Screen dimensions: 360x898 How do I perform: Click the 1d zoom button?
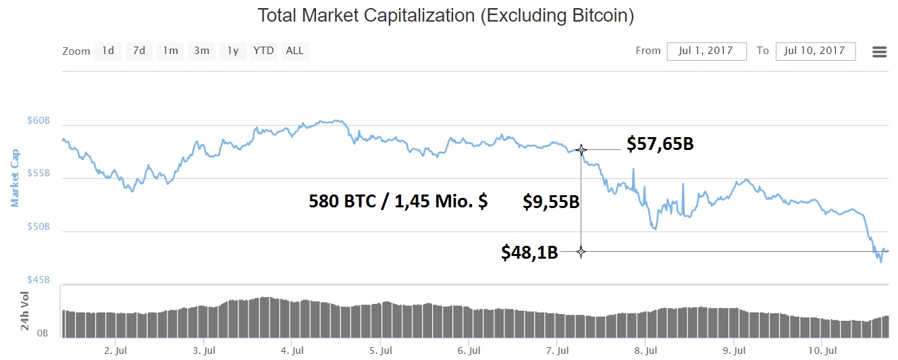(x=108, y=51)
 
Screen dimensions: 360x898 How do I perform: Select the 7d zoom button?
(x=138, y=51)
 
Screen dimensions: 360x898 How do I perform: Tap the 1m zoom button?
(x=171, y=51)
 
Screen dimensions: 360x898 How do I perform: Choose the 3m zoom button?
(x=201, y=51)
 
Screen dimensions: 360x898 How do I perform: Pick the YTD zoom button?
(x=263, y=51)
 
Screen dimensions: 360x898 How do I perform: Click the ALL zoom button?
(x=294, y=51)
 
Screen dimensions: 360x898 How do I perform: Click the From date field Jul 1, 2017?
(x=706, y=51)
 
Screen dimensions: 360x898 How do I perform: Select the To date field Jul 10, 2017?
(x=816, y=51)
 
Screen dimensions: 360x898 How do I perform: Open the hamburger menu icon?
(x=879, y=52)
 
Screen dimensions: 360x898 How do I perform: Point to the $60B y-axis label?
(x=38, y=121)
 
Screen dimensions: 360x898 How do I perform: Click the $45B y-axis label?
(x=38, y=280)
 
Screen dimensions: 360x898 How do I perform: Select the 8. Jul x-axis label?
(x=646, y=351)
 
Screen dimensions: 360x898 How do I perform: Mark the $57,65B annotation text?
(x=660, y=144)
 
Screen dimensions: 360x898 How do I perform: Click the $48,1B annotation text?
(x=529, y=253)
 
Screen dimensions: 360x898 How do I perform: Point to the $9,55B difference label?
(x=551, y=201)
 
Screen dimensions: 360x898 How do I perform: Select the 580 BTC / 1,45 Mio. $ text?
(x=398, y=201)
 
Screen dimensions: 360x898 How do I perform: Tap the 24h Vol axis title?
(x=25, y=311)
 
